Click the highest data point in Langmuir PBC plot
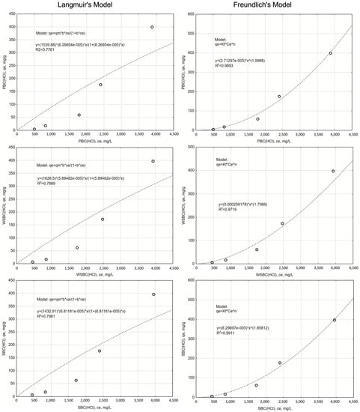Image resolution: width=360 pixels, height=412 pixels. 152,27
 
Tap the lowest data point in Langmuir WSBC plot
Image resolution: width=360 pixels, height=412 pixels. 32,262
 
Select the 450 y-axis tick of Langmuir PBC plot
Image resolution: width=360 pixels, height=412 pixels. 16,14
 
